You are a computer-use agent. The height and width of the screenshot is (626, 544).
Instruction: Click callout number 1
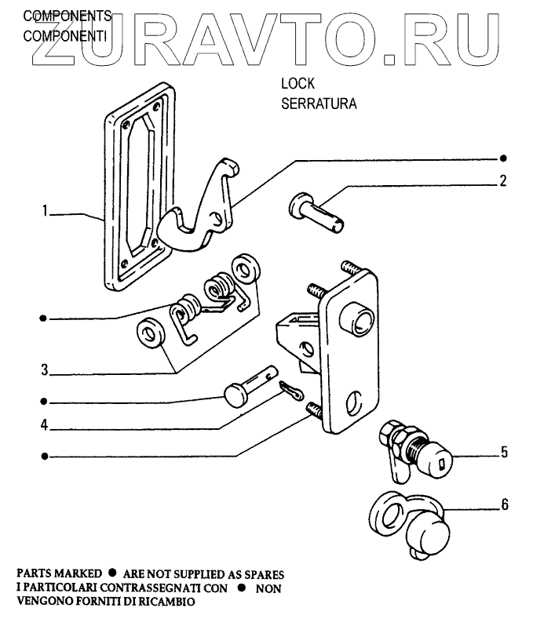[x=46, y=211]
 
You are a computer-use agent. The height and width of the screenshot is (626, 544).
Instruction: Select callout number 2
[x=502, y=181]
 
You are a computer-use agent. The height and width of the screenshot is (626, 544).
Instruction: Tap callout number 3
[x=46, y=369]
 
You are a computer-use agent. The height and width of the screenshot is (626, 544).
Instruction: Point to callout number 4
[x=46, y=428]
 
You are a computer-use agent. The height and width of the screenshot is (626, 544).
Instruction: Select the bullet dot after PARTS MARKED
[x=113, y=574]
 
